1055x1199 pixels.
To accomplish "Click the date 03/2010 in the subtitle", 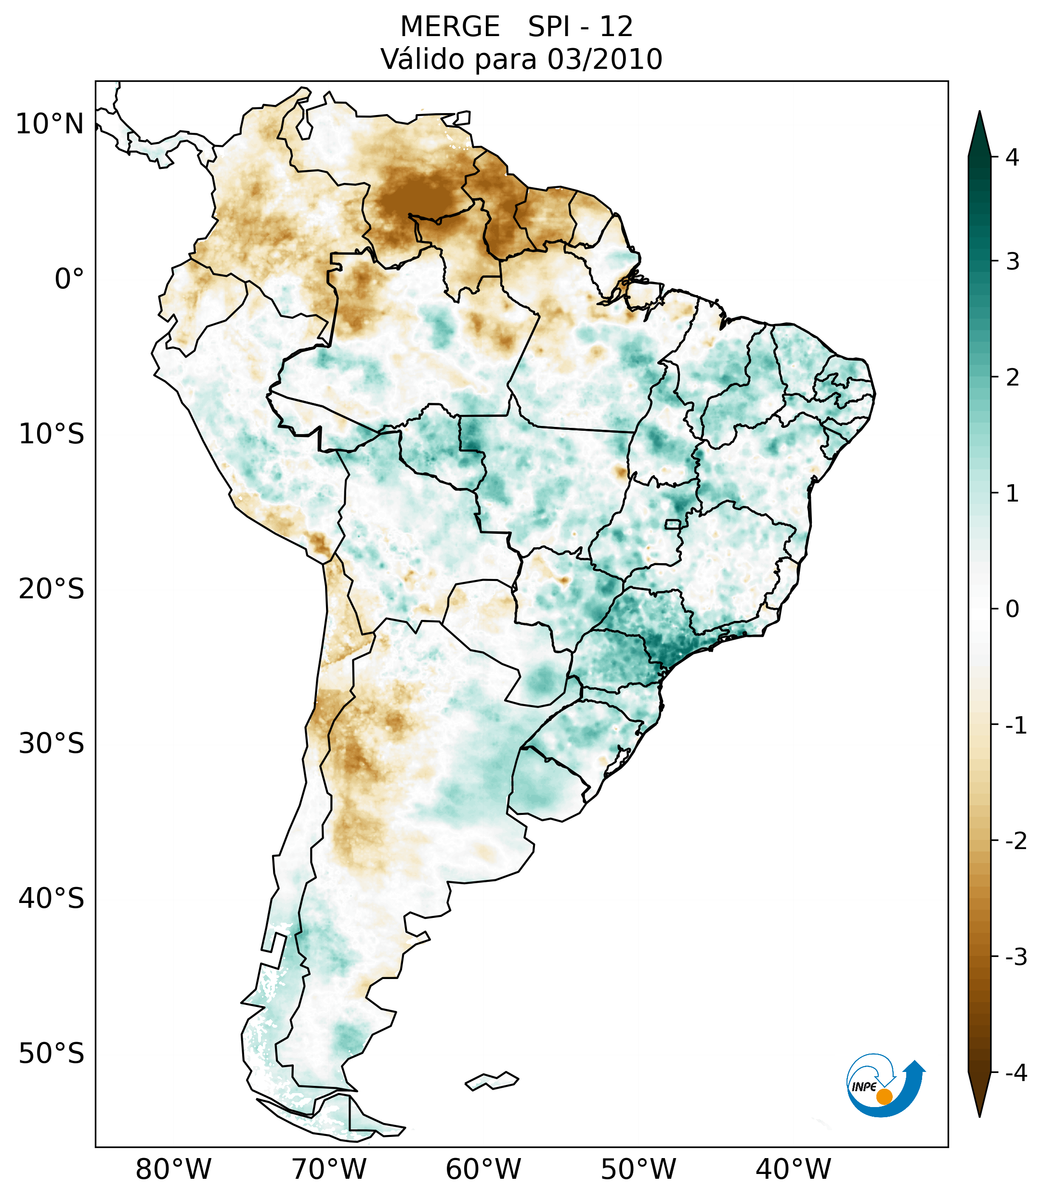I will click(x=605, y=59).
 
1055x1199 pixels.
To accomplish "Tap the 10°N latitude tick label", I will click(x=49, y=124).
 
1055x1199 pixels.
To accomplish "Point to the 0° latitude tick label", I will click(x=69, y=279).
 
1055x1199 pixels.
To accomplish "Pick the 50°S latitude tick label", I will click(x=52, y=1054).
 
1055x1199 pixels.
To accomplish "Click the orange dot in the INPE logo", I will click(x=884, y=1096).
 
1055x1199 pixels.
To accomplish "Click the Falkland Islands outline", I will click(x=492, y=1081).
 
